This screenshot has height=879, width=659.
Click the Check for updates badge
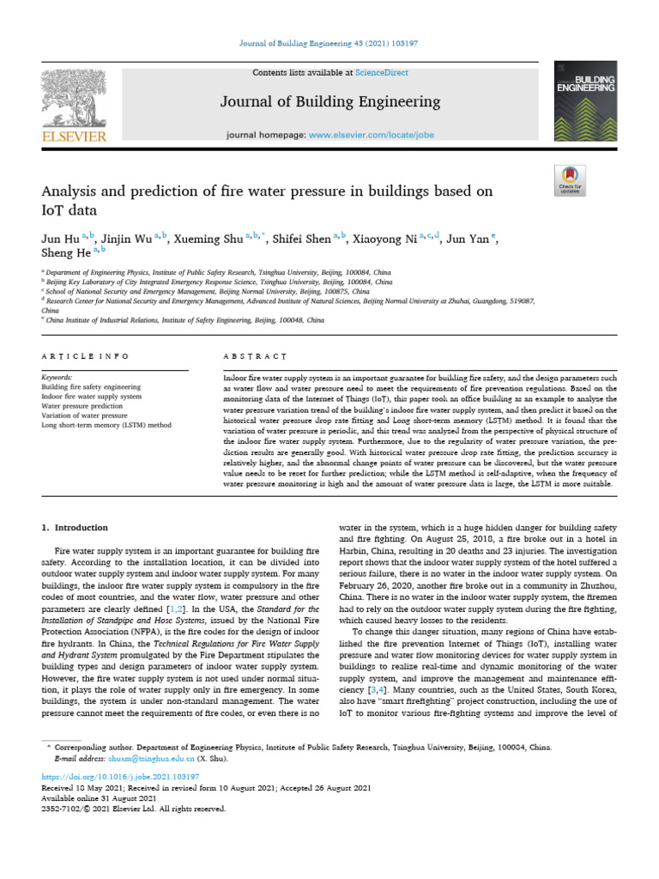[571, 179]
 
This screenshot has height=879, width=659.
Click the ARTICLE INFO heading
[85, 355]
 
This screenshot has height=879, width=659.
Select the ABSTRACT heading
[254, 355]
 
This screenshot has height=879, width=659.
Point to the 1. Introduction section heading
[76, 527]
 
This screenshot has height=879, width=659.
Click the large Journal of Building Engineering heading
[330, 102]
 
